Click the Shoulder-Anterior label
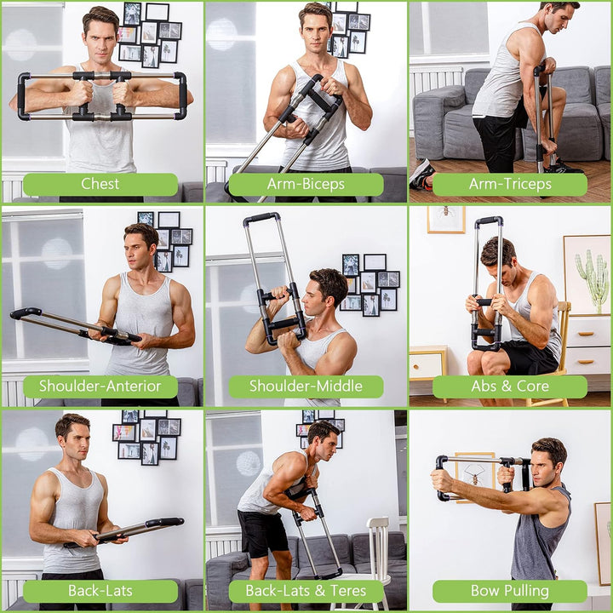pos(100,387)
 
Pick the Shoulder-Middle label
pos(306,387)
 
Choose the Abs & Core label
pos(509,387)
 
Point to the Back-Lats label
pos(100,591)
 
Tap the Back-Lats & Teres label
pos(306,591)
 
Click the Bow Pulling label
pos(509,591)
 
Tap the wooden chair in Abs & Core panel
pos(562,349)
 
